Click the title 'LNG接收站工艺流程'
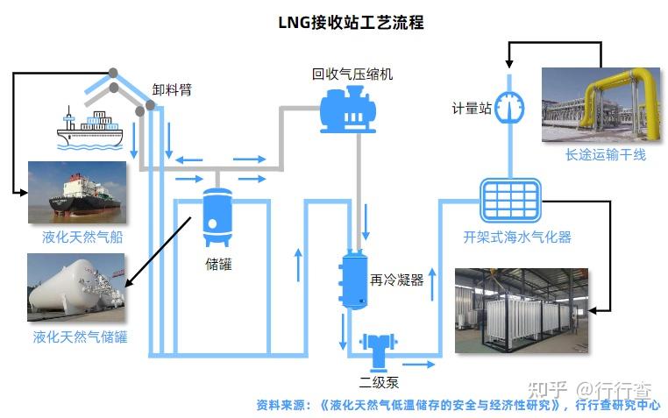pyautogui.click(x=351, y=23)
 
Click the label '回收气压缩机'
pyautogui.click(x=352, y=74)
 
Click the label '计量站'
pyautogui.click(x=471, y=108)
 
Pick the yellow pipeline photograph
pyautogui.click(x=600, y=106)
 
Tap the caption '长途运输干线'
pyautogui.click(x=605, y=155)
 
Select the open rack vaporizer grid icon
pyautogui.click(x=509, y=202)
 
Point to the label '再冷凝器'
pyautogui.click(x=396, y=280)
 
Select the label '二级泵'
pyautogui.click(x=382, y=382)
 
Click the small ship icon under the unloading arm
pyautogui.click(x=92, y=126)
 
